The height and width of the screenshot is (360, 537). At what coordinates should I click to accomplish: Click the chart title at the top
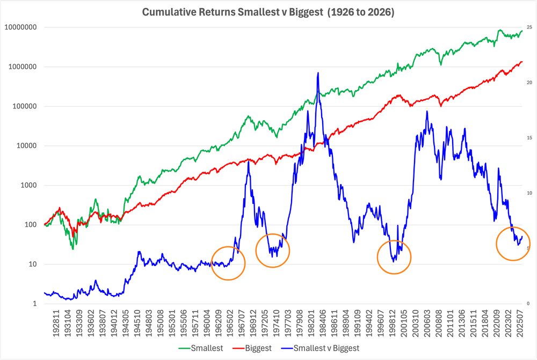click(x=268, y=12)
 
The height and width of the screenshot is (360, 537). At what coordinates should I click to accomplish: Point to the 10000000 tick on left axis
click(x=22, y=27)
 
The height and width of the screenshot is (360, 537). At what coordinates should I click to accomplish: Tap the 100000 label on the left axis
click(x=25, y=106)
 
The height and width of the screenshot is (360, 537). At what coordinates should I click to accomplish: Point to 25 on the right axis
click(x=529, y=27)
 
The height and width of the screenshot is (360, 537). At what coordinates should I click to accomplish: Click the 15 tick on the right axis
click(x=529, y=138)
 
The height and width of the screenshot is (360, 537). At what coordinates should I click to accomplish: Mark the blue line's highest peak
click(x=318, y=73)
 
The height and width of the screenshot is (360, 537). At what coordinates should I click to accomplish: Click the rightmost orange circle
click(x=513, y=244)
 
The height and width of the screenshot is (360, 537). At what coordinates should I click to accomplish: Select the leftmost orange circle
click(x=228, y=263)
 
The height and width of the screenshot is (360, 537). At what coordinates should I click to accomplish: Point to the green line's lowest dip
click(x=72, y=249)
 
